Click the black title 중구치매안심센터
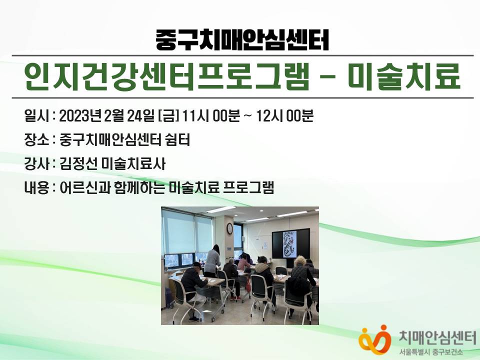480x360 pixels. coord(242,40)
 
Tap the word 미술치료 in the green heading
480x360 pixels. coord(404,76)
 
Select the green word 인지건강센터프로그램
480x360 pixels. coord(166,76)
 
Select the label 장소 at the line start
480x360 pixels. coord(36,140)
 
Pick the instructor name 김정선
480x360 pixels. coord(78,164)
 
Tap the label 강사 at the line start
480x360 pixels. coord(36,164)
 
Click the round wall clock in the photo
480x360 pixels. coord(229,228)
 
